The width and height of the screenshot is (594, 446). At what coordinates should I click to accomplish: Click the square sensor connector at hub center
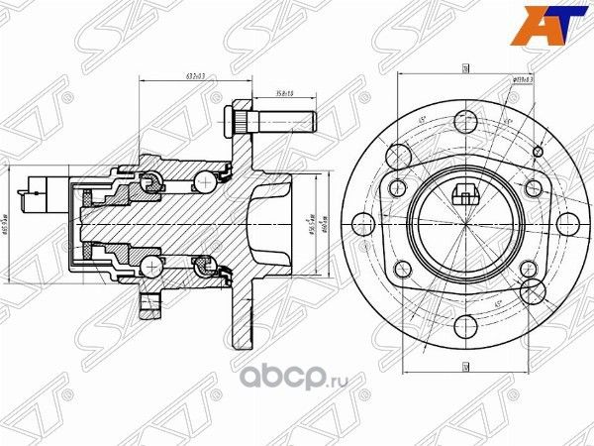464,194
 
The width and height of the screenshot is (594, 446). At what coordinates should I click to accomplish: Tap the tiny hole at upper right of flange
538,151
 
